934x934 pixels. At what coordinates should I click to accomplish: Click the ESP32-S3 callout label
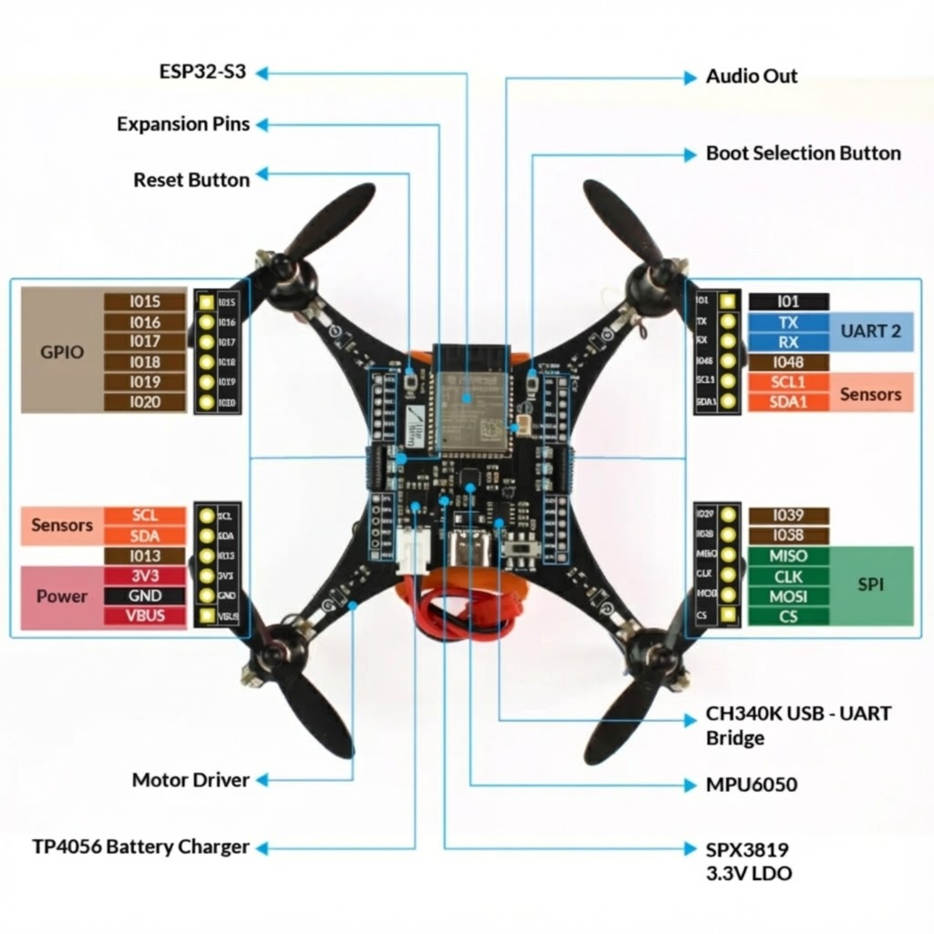click(202, 71)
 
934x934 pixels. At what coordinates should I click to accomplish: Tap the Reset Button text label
click(191, 180)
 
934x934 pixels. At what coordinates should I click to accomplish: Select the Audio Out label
click(751, 76)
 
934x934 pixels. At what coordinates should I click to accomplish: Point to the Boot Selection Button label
click(803, 153)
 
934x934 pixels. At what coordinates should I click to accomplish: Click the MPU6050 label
click(751, 785)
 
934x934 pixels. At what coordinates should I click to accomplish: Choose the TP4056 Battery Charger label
click(141, 847)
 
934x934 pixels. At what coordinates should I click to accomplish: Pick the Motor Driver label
click(191, 780)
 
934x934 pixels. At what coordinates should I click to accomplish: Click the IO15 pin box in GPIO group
click(145, 302)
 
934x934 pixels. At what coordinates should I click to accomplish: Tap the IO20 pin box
click(145, 402)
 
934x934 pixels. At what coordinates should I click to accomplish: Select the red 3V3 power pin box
click(145, 576)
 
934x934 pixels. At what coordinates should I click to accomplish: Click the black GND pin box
click(145, 596)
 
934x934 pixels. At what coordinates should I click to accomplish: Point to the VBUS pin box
click(145, 616)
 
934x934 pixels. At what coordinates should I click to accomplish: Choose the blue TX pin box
click(788, 323)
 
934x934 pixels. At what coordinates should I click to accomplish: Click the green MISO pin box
click(788, 556)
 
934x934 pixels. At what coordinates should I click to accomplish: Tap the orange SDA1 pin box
click(788, 402)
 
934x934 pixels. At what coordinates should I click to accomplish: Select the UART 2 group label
click(871, 332)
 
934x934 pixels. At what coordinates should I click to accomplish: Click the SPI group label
click(871, 585)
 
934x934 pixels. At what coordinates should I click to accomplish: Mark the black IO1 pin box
click(788, 302)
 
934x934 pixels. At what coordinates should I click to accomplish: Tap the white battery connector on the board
click(413, 550)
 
